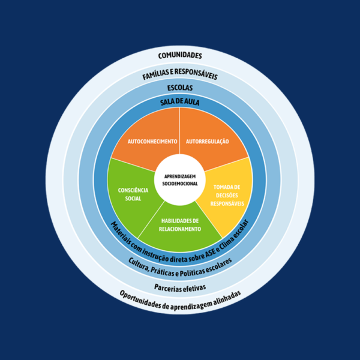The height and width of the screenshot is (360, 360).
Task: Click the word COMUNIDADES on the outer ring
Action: coord(180,56)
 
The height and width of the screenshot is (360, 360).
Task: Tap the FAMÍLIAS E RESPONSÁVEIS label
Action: coord(180,76)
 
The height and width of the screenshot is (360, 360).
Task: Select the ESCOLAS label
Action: coord(180,88)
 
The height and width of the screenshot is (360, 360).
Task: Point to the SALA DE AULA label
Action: coord(180,102)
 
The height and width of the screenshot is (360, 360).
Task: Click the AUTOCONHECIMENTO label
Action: coord(152,141)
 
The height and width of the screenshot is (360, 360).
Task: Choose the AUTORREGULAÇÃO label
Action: coord(208,141)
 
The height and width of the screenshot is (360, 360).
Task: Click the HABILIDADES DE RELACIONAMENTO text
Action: coord(180,225)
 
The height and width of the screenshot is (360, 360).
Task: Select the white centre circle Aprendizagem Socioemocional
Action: coord(180,179)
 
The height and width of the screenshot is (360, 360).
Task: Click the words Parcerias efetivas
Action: coord(180,287)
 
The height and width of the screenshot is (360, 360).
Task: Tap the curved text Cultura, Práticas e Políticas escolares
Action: coord(180,266)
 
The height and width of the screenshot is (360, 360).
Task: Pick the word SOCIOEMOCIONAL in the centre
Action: coord(180,183)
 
